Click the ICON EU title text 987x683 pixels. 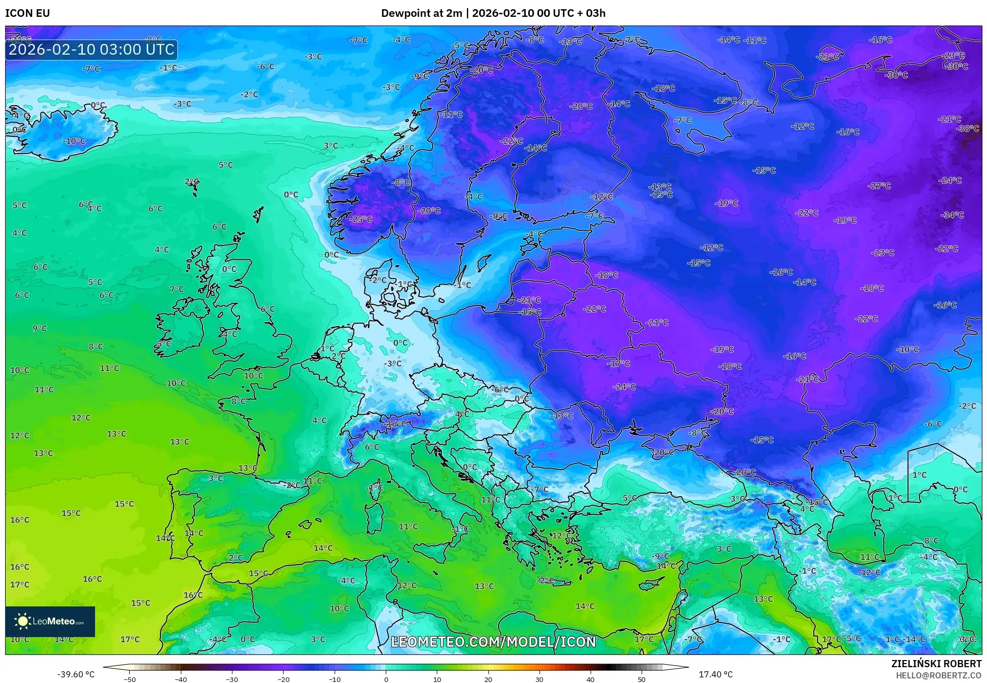(x=28, y=13)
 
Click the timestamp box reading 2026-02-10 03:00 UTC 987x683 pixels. (x=91, y=50)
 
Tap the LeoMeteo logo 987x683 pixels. (x=50, y=621)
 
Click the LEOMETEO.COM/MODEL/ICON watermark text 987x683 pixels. (x=493, y=642)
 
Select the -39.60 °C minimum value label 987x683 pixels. (x=76, y=674)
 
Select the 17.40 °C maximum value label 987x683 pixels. (x=715, y=674)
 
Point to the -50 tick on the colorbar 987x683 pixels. (x=130, y=679)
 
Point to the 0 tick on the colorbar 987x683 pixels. (x=386, y=679)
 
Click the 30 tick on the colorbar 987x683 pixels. (x=539, y=679)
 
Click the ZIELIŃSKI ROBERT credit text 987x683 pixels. (x=936, y=664)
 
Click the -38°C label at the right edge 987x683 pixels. (x=967, y=129)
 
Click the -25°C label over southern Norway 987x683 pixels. (x=361, y=219)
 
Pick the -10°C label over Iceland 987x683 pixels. (x=74, y=141)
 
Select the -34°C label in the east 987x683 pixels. (x=952, y=215)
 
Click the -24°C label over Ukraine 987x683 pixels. (x=624, y=387)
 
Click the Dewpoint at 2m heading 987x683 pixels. (x=421, y=13)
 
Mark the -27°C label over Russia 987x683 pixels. (x=879, y=186)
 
